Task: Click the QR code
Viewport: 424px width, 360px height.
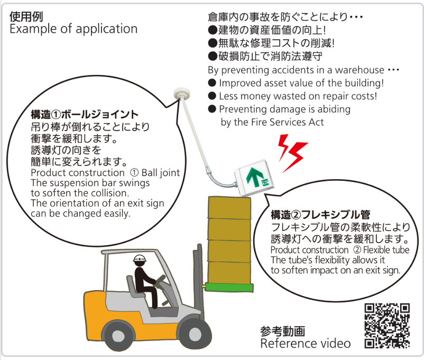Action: click(x=388, y=326)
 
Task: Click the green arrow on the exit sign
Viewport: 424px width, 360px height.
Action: click(x=254, y=177)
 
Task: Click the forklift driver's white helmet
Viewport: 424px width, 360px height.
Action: click(x=140, y=259)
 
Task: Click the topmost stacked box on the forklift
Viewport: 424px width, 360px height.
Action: click(x=229, y=207)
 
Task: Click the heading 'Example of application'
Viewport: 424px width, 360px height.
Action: click(x=73, y=29)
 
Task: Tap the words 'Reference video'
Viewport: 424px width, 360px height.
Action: click(x=305, y=344)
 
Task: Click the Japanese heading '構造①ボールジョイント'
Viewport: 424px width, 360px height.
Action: click(x=85, y=115)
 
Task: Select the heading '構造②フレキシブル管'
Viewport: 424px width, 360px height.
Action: click(x=320, y=215)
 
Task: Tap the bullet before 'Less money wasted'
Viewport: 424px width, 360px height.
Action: click(x=212, y=96)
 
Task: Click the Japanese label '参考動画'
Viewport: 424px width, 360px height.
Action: click(x=282, y=331)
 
